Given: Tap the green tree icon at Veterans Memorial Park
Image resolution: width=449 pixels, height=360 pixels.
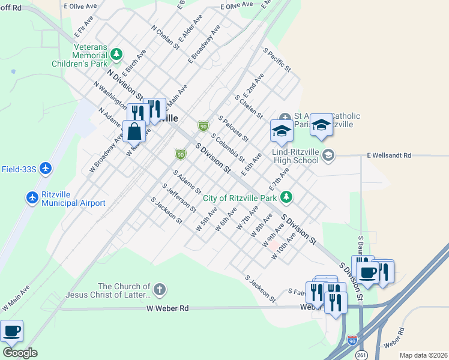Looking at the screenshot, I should pyautogui.click(x=116, y=55).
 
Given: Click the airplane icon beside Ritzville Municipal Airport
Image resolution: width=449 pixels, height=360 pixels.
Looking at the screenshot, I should pyautogui.click(x=32, y=197).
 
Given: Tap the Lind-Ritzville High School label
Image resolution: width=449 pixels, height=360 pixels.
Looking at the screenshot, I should pyautogui.click(x=295, y=156).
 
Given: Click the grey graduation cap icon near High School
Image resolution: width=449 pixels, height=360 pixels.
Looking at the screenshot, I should pyautogui.click(x=328, y=156).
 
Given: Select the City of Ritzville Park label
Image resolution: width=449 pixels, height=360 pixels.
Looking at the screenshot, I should pyautogui.click(x=240, y=197).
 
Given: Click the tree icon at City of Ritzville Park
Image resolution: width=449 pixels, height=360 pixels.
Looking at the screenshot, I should pyautogui.click(x=287, y=197).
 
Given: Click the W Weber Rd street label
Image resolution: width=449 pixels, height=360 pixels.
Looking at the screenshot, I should pyautogui.click(x=167, y=308).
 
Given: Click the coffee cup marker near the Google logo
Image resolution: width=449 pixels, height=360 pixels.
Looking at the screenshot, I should pyautogui.click(x=11, y=331).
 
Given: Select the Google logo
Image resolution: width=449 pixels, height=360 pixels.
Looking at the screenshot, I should pyautogui.click(x=20, y=353).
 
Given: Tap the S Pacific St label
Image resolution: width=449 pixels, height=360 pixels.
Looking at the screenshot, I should pyautogui.click(x=277, y=61).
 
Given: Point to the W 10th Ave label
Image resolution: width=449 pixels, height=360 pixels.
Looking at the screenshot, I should pyautogui.click(x=283, y=246).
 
